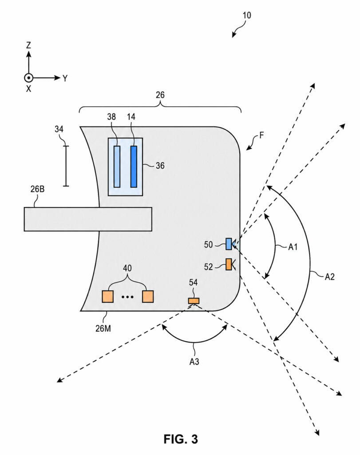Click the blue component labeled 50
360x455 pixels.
pos(229,244)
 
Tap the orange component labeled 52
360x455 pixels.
pos(229,264)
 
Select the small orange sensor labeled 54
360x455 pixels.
pos(194,301)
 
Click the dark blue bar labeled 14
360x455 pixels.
pos(134,167)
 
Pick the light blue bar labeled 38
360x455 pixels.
pos(117,167)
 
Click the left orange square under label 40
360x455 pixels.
pos(107,296)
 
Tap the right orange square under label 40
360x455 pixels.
pos(148,296)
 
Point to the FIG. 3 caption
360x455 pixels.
pos(181,439)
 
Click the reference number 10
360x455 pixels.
pos(247,15)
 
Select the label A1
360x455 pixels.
pos(293,247)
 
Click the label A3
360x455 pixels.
pos(194,362)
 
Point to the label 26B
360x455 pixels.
pos(37,189)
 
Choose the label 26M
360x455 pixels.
pos(103,328)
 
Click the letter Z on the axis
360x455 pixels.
pos(28,45)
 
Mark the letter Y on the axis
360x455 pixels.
pos(65,78)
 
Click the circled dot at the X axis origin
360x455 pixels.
pos(28,78)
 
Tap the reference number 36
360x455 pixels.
pos(160,166)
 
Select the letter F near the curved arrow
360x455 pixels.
pos(261,135)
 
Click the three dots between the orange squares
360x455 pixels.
pos(127,297)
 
